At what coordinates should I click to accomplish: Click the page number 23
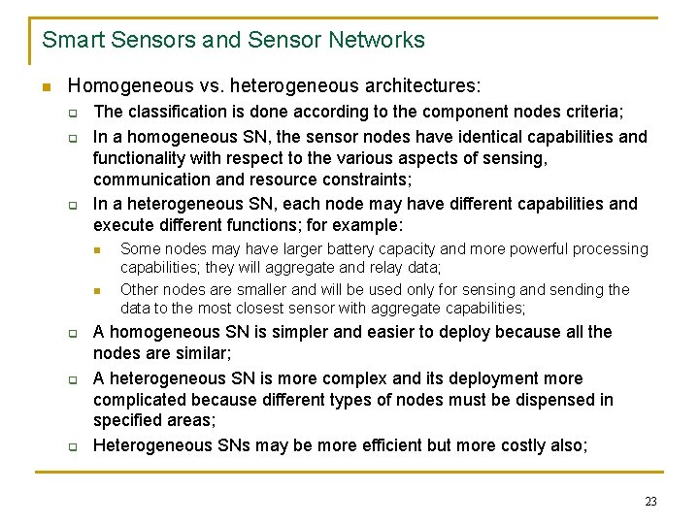(650, 502)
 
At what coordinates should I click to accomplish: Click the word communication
(150, 180)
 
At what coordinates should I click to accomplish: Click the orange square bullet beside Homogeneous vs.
(45, 86)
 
